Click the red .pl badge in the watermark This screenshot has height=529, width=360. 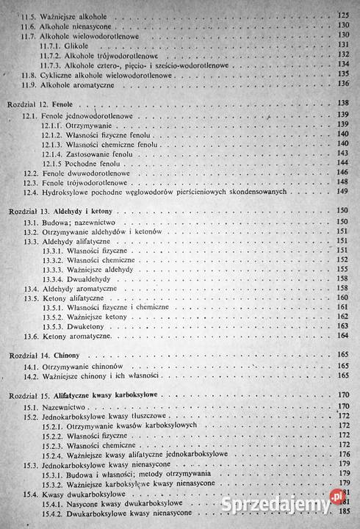pos(338,496)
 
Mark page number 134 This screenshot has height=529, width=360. pos(342,65)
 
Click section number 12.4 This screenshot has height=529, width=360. pos(31,192)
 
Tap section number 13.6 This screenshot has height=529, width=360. pos(32,336)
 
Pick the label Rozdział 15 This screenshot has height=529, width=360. pos(27,396)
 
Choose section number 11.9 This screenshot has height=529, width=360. pos(29,84)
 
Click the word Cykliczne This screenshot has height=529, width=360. pos(67,74)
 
